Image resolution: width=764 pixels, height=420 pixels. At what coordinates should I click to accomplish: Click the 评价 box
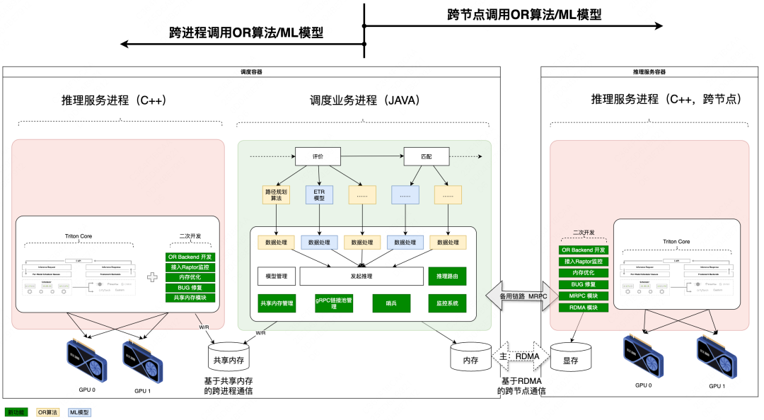point(318,156)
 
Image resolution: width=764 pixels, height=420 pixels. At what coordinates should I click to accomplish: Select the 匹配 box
point(426,156)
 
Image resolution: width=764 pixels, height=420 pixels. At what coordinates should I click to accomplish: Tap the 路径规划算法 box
point(276,194)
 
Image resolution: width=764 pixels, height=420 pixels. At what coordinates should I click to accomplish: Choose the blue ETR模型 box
point(318,194)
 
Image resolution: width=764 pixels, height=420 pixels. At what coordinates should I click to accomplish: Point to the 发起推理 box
point(361,276)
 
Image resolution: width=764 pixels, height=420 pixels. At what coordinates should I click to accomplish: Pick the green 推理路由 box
point(447,276)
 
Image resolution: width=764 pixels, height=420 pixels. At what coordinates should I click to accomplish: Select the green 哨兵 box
point(390,303)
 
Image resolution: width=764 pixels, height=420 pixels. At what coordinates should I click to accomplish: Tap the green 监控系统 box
point(447,303)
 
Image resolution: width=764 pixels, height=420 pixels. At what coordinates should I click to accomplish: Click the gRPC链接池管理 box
point(333,303)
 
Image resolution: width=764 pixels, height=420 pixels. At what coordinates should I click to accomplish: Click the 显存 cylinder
point(571,357)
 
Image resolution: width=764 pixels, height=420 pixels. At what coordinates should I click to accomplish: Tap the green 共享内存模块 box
point(190,298)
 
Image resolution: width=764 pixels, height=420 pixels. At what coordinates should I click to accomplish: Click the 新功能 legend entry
point(16,412)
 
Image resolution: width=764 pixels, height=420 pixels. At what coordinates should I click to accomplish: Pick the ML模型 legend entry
point(79,412)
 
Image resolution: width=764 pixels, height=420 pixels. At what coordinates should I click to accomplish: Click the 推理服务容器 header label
point(649,71)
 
